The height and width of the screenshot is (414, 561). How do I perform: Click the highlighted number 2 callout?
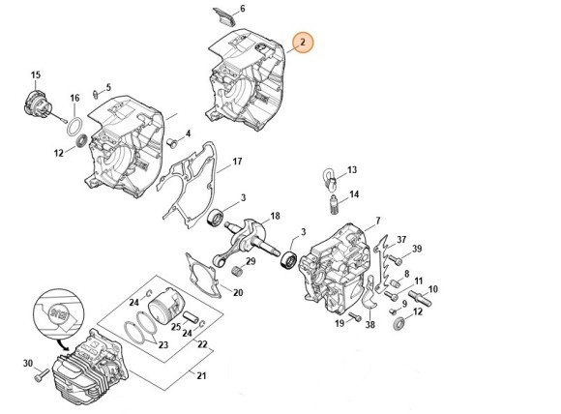coord(303,43)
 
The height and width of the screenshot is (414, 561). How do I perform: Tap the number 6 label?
coord(243,9)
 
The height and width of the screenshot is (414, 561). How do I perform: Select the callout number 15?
coord(36,74)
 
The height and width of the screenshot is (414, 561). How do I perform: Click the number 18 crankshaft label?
coord(276,216)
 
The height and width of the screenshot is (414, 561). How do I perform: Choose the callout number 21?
coord(201,376)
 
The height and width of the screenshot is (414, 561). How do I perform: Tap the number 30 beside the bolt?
coord(28,364)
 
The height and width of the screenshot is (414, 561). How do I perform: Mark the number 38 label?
coord(370,325)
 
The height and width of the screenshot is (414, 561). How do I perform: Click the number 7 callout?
coord(377,221)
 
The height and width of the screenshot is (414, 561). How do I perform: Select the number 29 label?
coord(251,261)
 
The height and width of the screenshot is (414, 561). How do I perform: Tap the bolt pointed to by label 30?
coord(46,371)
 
